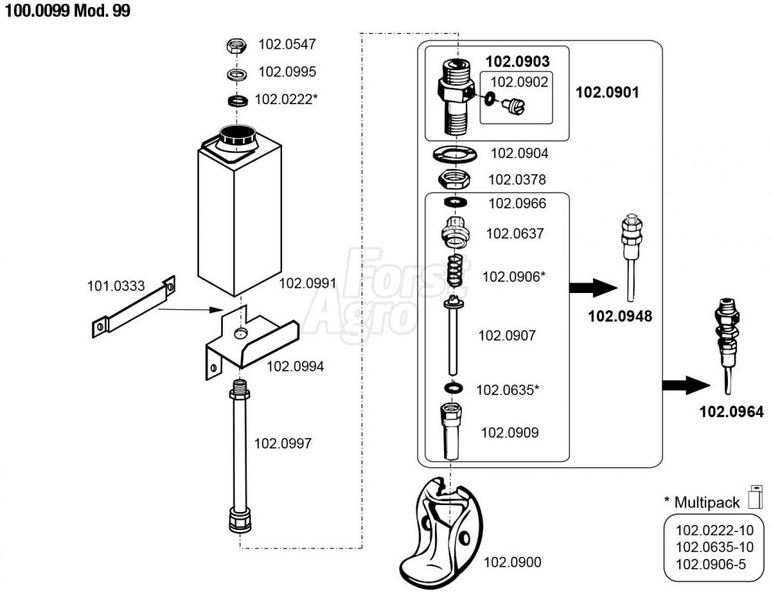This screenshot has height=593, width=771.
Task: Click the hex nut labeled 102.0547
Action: (237, 46)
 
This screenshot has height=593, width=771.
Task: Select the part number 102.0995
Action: (287, 72)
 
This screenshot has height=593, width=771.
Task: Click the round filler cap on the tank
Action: (237, 134)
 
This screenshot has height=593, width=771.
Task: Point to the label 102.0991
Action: (308, 283)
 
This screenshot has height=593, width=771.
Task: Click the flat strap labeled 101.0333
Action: (133, 307)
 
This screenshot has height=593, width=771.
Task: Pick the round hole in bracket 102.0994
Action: (240, 333)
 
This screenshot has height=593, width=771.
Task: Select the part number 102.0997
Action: (283, 443)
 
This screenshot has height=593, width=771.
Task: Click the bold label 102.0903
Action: (518, 62)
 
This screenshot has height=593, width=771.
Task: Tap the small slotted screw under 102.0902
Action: (514, 105)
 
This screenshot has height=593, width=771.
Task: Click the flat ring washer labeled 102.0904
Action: (455, 154)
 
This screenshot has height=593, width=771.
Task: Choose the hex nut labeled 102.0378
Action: (454, 180)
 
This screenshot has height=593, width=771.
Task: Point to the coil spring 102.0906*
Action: (456, 272)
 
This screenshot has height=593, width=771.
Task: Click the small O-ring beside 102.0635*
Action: (453, 389)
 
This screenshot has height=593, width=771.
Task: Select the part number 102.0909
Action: (510, 433)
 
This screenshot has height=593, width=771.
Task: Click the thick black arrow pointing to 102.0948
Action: (593, 288)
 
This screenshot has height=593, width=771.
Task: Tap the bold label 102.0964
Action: (732, 412)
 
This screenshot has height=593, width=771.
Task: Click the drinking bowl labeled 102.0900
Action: (441, 533)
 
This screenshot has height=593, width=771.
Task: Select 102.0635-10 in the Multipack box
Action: (715, 548)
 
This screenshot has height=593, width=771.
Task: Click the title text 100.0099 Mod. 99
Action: (68, 11)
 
